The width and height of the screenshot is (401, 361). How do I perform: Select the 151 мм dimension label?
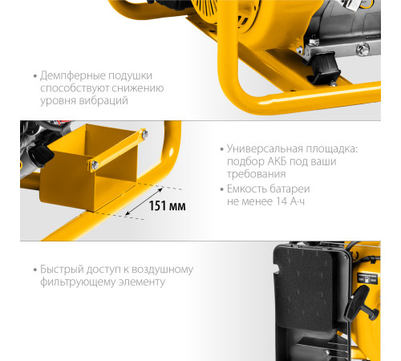coord(167,206)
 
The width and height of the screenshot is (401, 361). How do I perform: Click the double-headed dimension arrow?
coord(144,201)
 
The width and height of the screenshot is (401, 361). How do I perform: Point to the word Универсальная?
coord(265,148)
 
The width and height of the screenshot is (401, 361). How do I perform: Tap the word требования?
coord(257,174)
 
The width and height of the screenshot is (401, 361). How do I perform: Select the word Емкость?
coord(246,189)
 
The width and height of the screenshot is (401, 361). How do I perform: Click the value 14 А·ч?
coord(290,201)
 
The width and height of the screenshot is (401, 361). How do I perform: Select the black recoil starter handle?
coord(361,303)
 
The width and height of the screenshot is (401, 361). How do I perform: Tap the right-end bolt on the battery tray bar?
coord(144,133)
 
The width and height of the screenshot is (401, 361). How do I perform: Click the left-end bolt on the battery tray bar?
coord(95,165)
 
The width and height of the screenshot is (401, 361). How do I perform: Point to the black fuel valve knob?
coord(41,156)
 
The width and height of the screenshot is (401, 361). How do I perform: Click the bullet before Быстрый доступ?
coord(35,270)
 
